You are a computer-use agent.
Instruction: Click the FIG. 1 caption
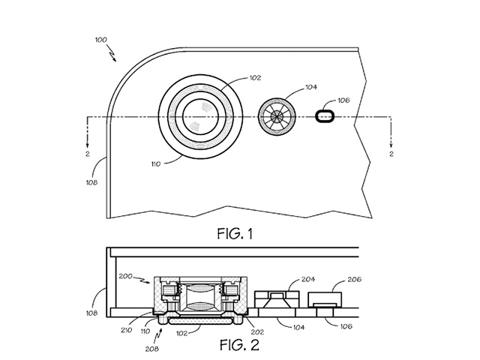235,234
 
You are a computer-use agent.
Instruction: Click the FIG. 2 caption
239,345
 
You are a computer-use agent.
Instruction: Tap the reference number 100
101,40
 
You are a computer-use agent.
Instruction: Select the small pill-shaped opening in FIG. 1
325,116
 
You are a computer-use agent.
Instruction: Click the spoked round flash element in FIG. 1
277,117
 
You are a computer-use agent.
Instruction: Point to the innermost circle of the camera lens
200,116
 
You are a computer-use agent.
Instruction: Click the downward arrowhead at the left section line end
88,145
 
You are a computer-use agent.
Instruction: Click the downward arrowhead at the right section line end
391,145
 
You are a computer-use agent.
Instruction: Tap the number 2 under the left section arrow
88,154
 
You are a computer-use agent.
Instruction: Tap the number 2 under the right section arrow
391,154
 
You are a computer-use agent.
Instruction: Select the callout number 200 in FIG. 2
125,276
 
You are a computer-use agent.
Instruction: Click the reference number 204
308,279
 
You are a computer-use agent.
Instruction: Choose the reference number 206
355,279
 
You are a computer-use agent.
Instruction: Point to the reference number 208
151,348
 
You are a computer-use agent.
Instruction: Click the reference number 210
127,330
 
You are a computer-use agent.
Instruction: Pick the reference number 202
257,331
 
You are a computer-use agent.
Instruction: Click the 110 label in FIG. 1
156,164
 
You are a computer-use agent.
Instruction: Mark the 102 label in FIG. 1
255,78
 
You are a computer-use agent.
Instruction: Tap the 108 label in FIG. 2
91,313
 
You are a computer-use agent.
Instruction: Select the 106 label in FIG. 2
346,326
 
